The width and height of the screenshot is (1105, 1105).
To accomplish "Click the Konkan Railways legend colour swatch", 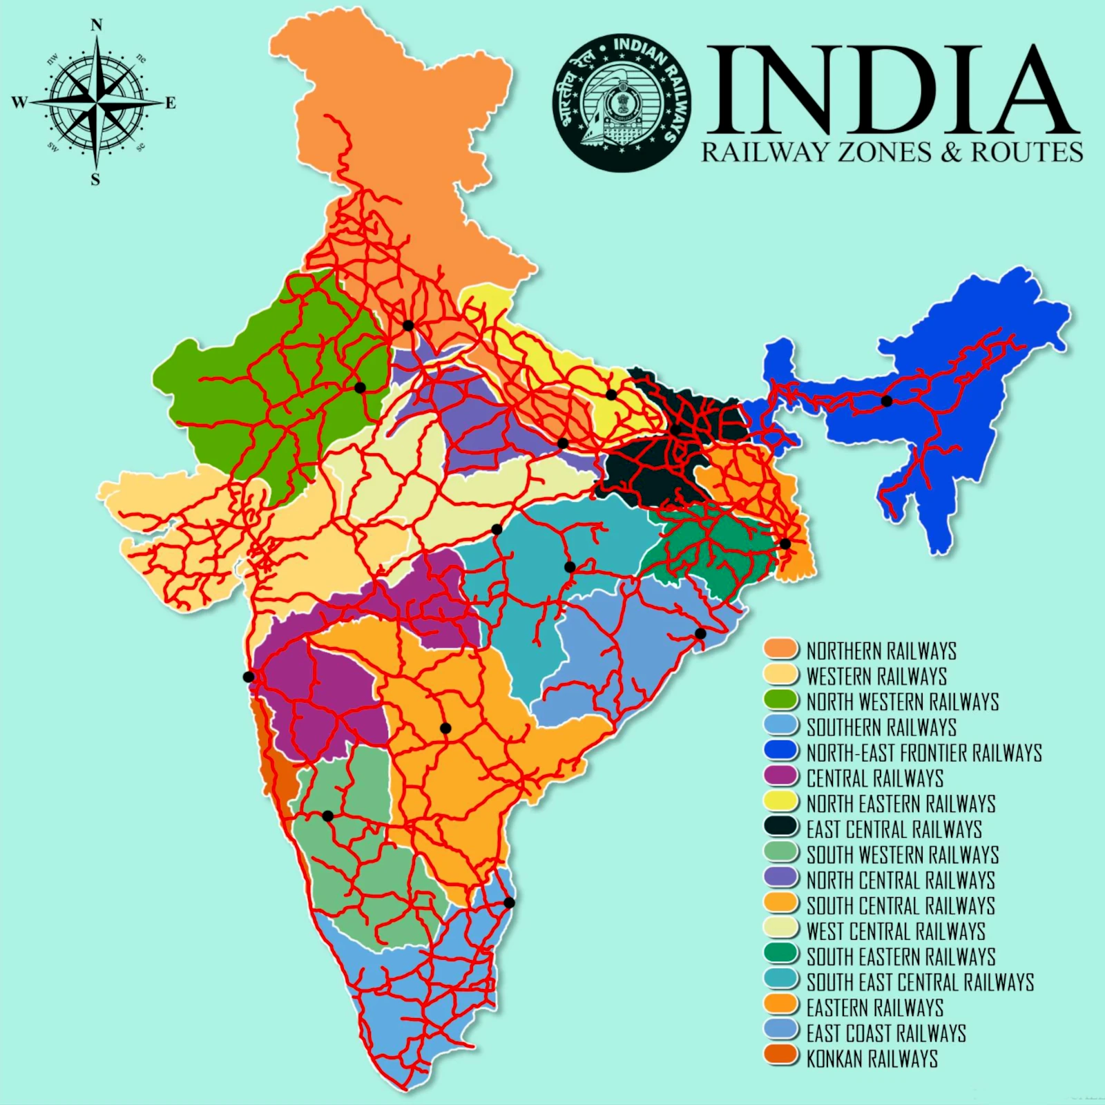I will [781, 1057].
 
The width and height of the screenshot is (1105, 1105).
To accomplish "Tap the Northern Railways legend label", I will [881, 651].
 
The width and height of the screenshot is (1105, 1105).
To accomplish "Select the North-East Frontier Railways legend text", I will [924, 752].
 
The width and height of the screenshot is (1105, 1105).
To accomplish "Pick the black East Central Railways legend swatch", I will [781, 828].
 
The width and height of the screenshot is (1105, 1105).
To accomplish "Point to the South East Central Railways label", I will [920, 981].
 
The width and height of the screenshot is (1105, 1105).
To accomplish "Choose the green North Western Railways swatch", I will [781, 700].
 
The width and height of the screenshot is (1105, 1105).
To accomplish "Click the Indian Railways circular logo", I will [622, 102].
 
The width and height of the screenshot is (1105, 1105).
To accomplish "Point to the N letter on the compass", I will [97, 26].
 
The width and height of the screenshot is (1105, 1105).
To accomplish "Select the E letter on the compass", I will [171, 103].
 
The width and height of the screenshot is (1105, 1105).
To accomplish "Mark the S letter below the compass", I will [95, 180].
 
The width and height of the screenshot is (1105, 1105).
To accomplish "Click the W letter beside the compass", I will [19, 103].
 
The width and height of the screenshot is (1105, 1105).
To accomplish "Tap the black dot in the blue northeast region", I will [887, 401].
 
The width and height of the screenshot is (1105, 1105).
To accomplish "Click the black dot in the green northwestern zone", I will [360, 387].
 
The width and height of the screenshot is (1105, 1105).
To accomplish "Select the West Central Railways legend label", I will [895, 930].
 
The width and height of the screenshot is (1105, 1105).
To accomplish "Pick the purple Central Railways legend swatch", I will [781, 776].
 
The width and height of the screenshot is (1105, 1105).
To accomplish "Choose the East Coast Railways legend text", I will [886, 1032].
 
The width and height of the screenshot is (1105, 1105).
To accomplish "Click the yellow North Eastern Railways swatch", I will [781, 803].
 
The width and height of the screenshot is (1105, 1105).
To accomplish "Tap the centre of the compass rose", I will [96, 103].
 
